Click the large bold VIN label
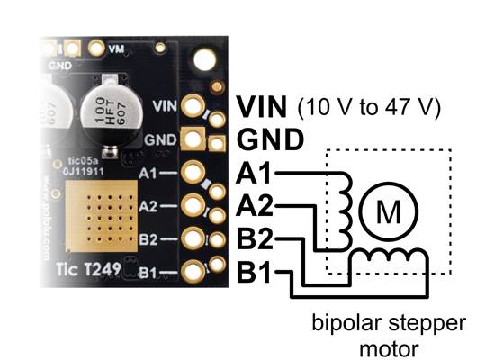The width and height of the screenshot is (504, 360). pos(262,107)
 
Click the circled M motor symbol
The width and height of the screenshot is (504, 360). pos(388,212)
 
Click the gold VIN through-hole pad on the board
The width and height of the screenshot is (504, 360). pos(191,106)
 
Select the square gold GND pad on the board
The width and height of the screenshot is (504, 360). pos(191,139)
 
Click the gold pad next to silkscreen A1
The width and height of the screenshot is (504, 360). pos(191,172)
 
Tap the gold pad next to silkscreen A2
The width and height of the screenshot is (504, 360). pos(191,205)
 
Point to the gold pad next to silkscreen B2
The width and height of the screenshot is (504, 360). pos(191,238)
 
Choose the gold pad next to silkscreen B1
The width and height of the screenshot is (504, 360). pos(191,272)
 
